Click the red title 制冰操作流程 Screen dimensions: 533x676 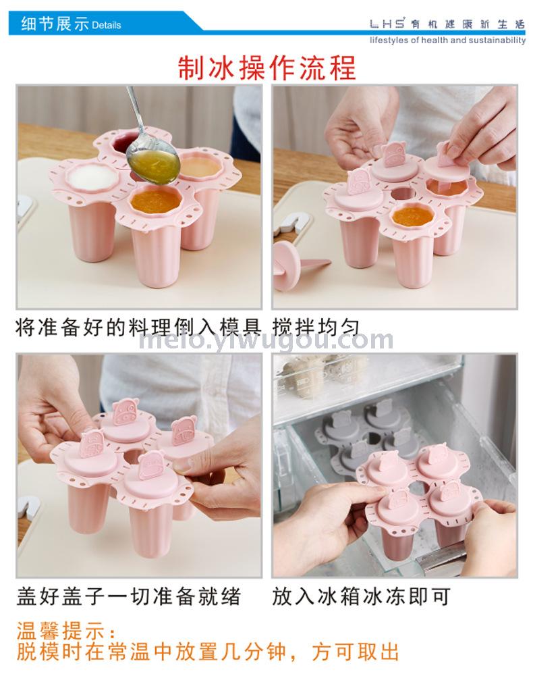click(267, 68)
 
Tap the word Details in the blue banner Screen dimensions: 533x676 click(107, 25)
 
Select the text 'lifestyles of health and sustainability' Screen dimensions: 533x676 click(448, 40)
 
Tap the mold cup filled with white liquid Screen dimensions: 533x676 click(92, 178)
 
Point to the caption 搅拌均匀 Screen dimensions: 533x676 click(316, 328)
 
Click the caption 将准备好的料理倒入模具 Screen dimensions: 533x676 click(138, 328)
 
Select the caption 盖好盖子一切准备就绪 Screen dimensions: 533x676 click(128, 597)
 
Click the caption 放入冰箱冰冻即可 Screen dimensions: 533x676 click(361, 597)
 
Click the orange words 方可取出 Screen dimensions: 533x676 click(356, 652)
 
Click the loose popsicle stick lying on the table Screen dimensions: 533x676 click(298, 263)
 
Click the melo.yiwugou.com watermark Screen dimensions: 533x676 click(266, 340)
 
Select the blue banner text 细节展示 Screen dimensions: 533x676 click(55, 24)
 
